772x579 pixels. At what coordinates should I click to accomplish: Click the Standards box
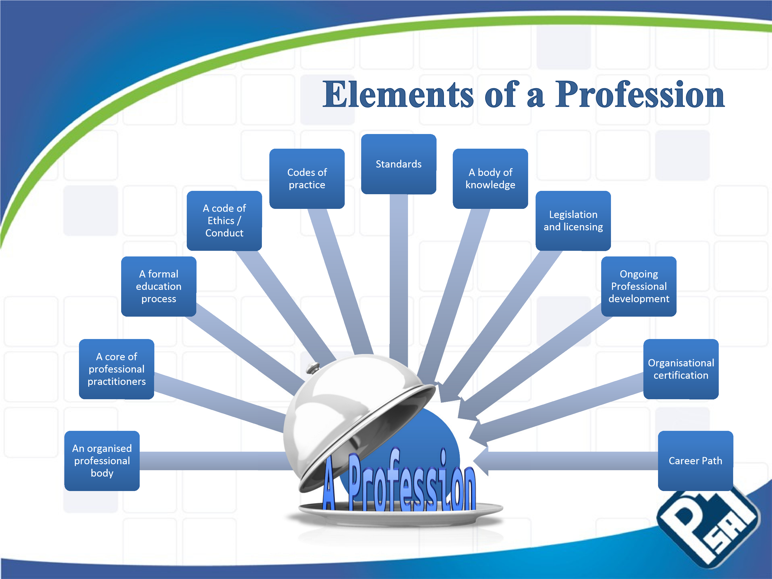pos(398,164)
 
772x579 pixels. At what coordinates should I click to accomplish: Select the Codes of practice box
pos(307,179)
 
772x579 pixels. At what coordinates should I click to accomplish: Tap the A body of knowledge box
pos(490,179)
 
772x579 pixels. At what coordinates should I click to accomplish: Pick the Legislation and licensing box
pos(573,221)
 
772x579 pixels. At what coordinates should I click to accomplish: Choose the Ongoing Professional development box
pos(639,286)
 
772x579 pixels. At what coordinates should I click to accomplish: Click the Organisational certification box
pos(681,369)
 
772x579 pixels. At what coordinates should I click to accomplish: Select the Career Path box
pos(696,461)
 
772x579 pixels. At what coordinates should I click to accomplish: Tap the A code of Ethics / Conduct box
pos(224,221)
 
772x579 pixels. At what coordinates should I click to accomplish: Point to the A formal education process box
pos(158,286)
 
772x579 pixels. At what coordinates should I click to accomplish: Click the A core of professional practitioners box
pos(117,369)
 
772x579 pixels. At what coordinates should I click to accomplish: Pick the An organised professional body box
pos(102,461)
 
